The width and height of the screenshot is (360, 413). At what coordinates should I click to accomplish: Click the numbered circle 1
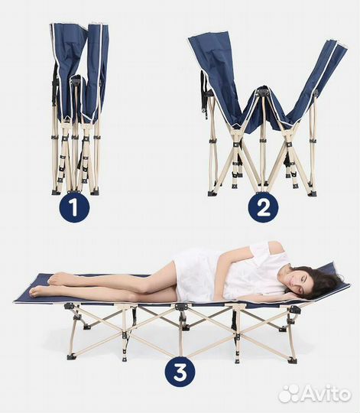74,207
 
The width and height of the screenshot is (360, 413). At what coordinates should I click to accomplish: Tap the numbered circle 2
263,207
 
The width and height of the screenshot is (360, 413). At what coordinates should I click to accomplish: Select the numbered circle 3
180,372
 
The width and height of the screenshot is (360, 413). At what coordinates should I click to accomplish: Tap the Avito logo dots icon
289,394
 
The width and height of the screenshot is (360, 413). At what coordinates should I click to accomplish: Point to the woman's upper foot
57,279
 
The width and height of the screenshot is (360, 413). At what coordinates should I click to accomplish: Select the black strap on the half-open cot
204,95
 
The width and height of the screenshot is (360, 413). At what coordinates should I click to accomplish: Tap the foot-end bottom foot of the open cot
71,357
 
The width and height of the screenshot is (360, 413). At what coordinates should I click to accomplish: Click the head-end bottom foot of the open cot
292,360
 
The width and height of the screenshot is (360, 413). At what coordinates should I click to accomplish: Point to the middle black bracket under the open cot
180,307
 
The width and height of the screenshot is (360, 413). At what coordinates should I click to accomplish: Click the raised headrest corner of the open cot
334,264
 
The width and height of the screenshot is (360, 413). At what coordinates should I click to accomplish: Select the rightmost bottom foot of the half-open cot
313,193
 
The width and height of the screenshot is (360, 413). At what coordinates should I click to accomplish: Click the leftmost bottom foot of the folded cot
56,193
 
